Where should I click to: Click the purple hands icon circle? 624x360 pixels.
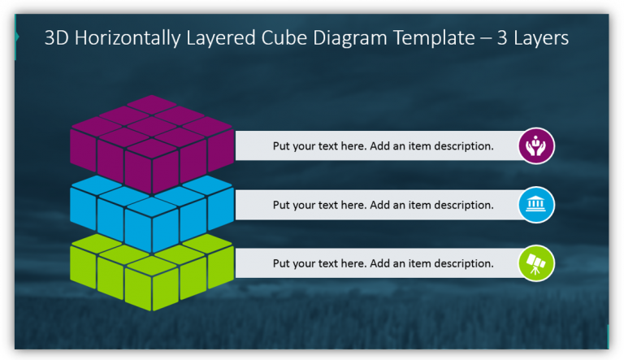point(536,146)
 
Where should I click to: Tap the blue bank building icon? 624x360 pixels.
point(536,205)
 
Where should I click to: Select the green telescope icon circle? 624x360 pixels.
point(536,263)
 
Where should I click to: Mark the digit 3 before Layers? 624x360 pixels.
point(501,37)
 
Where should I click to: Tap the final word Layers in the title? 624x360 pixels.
point(541,37)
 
